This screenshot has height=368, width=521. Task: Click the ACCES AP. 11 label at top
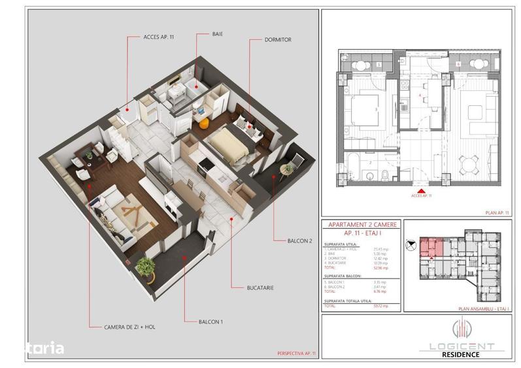tap(159, 37)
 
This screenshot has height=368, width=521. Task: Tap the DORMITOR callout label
tap(278, 39)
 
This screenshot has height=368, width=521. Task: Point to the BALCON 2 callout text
tap(298, 241)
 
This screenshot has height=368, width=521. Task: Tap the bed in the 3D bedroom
tap(229, 142)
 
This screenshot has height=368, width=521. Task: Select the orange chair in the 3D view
tap(204, 122)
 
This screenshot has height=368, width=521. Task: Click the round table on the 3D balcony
tap(287, 171)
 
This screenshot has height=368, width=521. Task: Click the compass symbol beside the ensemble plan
tap(410, 245)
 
